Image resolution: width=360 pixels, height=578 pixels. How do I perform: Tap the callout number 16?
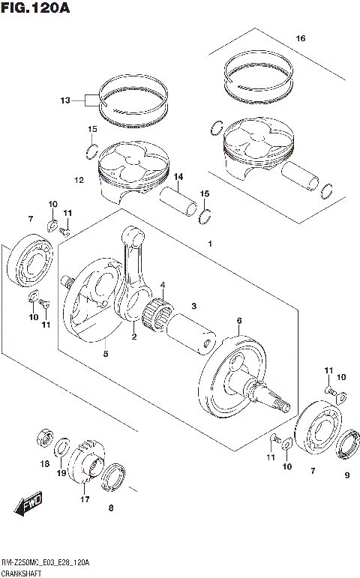(301, 38)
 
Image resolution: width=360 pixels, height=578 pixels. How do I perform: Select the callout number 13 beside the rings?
(65, 100)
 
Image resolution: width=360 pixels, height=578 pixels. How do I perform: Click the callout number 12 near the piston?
(79, 180)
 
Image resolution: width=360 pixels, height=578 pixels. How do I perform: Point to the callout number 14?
(178, 177)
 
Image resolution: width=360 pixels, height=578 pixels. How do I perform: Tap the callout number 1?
(210, 244)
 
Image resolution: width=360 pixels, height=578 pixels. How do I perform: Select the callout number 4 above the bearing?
(163, 286)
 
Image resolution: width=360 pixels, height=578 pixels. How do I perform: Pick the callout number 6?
(239, 321)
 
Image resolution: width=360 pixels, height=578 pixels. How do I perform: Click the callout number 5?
(106, 354)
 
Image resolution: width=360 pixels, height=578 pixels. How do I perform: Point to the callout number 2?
(134, 337)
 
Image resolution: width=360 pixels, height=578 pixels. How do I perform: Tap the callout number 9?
(346, 475)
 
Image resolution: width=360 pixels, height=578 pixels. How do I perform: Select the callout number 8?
(111, 509)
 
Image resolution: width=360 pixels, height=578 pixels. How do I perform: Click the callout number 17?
(84, 499)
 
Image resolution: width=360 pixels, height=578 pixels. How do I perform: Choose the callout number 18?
(44, 465)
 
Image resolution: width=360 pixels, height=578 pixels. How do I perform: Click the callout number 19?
(63, 473)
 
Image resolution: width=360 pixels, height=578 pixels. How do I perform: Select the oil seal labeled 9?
(347, 446)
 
